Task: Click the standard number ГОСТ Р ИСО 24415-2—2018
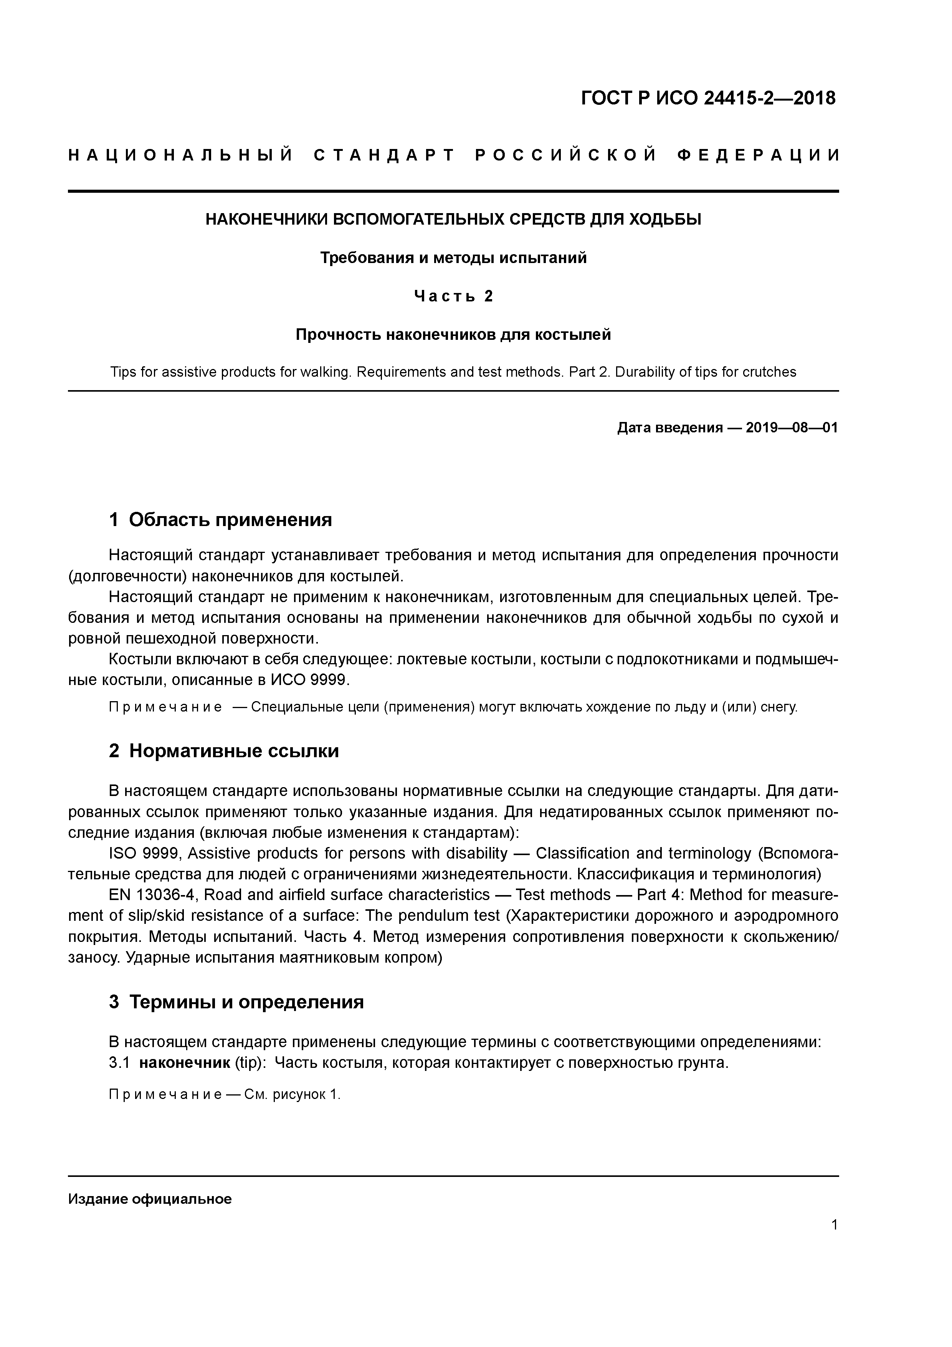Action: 708,98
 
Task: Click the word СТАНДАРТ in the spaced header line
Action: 384,156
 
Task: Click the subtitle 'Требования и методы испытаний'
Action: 453,258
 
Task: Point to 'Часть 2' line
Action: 453,296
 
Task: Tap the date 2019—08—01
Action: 792,428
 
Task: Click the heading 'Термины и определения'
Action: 246,1002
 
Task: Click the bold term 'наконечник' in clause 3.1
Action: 184,1063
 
